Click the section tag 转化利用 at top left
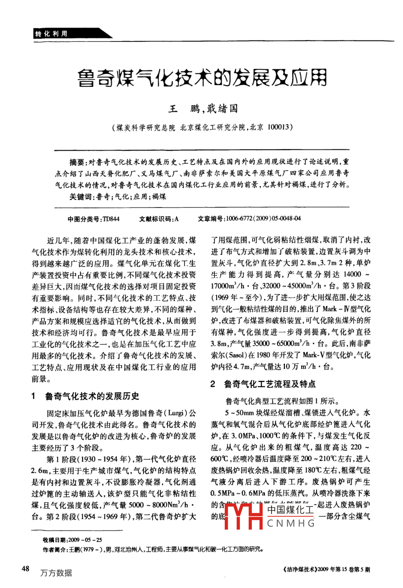52,33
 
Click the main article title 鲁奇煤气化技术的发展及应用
201,78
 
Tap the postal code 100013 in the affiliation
280,127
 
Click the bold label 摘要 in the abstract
76,161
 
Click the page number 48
26,569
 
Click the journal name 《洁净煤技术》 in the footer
300,569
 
